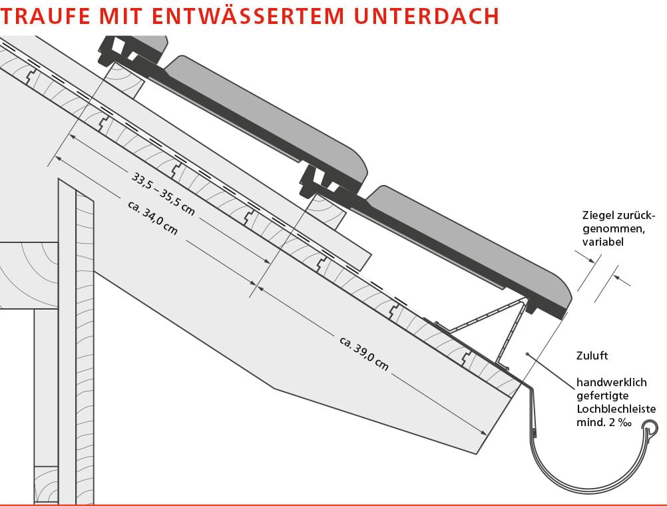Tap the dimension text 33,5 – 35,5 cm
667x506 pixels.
[163, 194]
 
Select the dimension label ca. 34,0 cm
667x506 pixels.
[151, 216]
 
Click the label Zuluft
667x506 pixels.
[594, 356]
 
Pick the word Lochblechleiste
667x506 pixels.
[616, 409]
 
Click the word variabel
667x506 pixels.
[602, 242]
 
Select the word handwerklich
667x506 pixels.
[612, 383]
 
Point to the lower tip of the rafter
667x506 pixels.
[478, 453]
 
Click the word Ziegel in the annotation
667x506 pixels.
[596, 216]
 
